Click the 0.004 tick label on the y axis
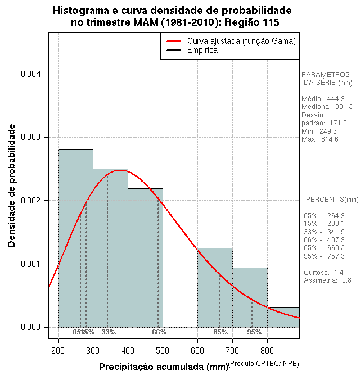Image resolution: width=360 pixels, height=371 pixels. pyautogui.click(x=31, y=74)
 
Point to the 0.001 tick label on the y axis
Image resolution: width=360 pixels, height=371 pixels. pyautogui.click(x=31, y=264)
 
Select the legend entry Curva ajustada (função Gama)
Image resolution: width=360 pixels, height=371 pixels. pyautogui.click(x=241, y=41)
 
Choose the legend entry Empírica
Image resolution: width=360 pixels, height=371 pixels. pyautogui.click(x=202, y=51)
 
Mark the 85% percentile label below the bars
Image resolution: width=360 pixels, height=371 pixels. pyautogui.click(x=220, y=332)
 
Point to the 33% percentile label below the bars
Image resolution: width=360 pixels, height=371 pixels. pyautogui.click(x=109, y=332)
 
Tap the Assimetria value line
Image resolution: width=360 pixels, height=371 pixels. pyautogui.click(x=327, y=280)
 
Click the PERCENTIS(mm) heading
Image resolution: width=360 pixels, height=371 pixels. pyautogui.click(x=332, y=200)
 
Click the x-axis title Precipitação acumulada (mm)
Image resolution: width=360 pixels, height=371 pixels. pyautogui.click(x=164, y=367)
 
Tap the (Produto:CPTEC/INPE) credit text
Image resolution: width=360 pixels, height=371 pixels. pyautogui.click(x=263, y=364)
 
